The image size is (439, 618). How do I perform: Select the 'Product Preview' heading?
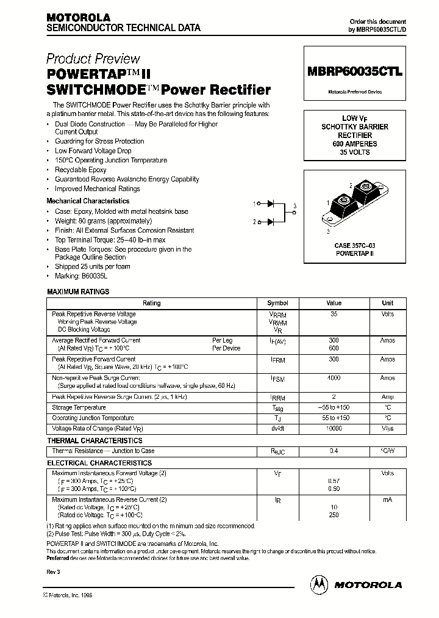click(93, 59)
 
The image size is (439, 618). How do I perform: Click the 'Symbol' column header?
click(277, 303)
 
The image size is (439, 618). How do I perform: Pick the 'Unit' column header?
click(387, 303)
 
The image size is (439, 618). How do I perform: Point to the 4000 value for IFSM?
click(334, 379)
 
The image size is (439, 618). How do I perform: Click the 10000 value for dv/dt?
click(334, 428)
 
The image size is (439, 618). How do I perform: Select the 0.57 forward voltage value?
click(334, 481)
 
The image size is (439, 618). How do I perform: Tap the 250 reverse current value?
click(334, 515)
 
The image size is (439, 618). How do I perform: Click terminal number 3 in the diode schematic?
click(294, 206)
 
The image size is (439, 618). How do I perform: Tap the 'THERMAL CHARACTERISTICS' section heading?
click(95, 440)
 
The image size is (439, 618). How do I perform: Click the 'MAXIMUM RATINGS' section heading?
click(78, 292)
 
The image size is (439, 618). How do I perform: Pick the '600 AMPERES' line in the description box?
click(350, 144)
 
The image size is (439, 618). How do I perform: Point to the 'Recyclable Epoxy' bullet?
click(80, 170)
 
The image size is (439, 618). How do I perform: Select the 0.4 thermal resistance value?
click(334, 451)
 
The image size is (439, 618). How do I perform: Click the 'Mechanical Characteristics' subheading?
click(88, 201)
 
